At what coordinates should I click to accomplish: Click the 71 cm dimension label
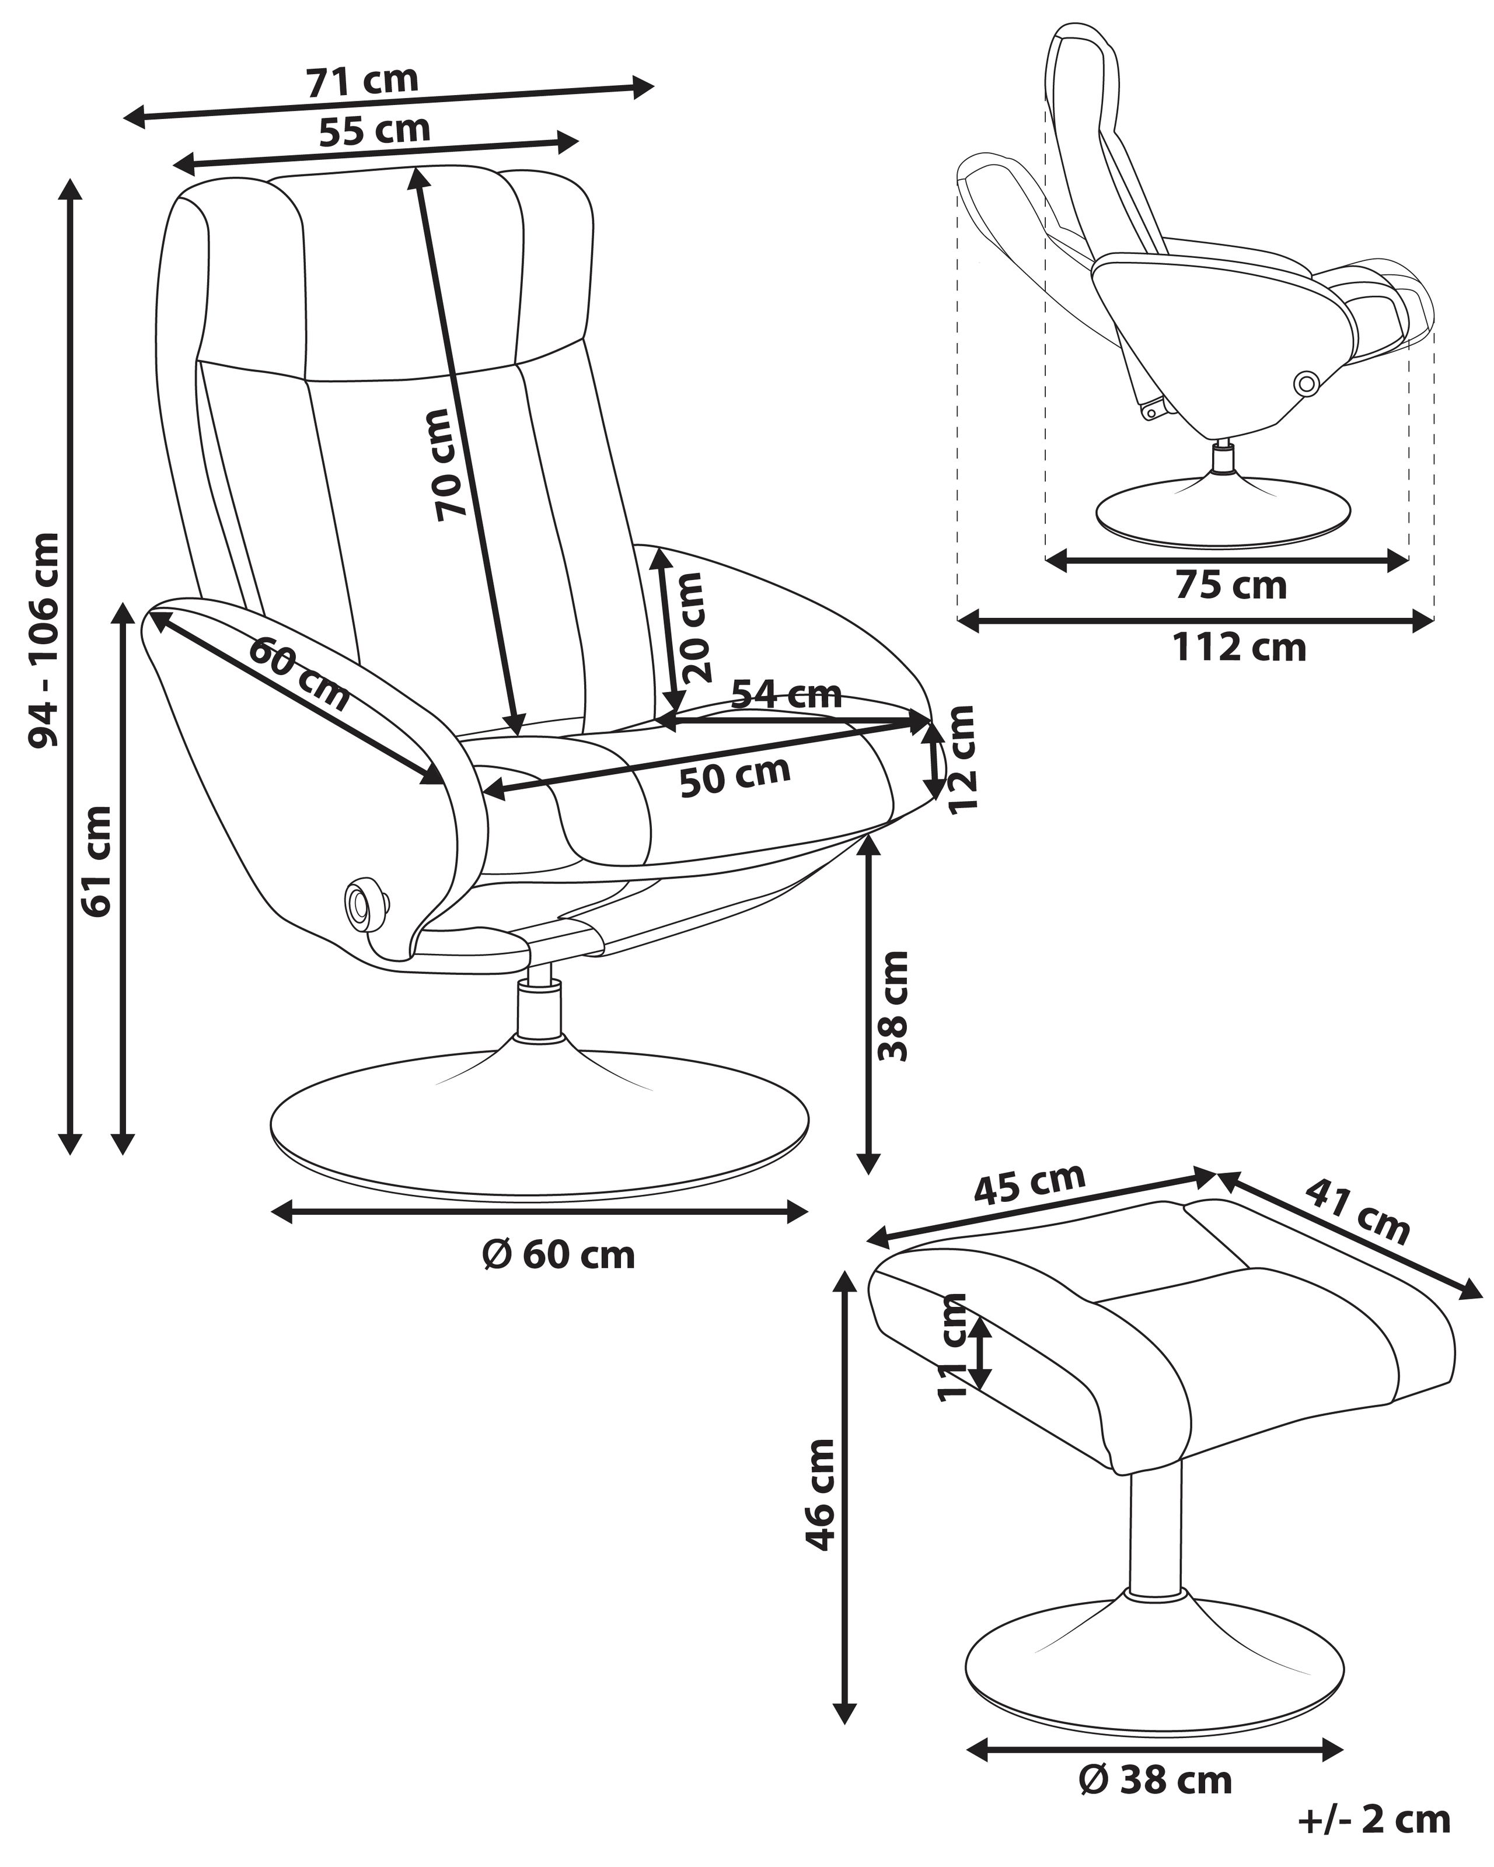click(x=361, y=81)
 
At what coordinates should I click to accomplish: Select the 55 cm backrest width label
click(x=374, y=130)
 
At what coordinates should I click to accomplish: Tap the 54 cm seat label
click(x=787, y=694)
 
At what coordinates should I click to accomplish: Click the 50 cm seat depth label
click(x=734, y=776)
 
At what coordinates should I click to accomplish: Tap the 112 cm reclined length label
click(x=1240, y=647)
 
